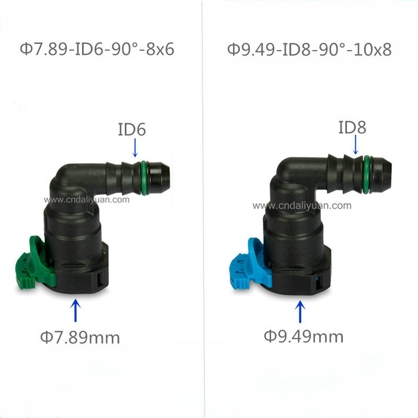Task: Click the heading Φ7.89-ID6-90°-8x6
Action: click(x=97, y=49)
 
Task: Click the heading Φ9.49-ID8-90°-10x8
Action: click(x=309, y=49)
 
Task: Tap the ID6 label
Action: click(x=132, y=130)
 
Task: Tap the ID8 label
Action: click(x=352, y=127)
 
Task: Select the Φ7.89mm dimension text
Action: click(x=80, y=337)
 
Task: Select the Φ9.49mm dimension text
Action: click(x=304, y=336)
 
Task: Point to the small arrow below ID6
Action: click(x=135, y=147)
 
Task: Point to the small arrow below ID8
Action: click(x=356, y=145)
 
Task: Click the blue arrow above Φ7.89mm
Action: click(x=76, y=310)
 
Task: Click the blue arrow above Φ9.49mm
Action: click(x=300, y=311)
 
